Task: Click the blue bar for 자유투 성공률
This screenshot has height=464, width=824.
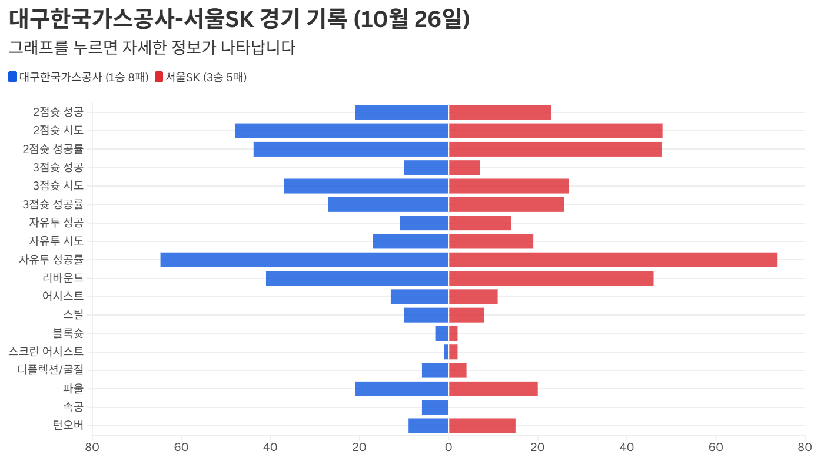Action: tap(304, 260)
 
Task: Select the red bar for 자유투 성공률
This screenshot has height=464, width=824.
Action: tap(613, 260)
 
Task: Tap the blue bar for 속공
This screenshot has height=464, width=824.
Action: tap(435, 407)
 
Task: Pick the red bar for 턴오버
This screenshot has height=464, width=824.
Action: tap(482, 426)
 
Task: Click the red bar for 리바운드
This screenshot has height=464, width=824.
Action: tap(551, 278)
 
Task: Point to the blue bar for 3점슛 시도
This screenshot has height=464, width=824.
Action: tap(366, 186)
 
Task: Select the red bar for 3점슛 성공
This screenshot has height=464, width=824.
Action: tap(464, 168)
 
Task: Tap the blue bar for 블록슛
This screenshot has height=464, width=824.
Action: tap(442, 333)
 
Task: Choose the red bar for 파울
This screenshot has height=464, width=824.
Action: tap(493, 389)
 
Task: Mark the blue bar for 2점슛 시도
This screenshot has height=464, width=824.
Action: tap(341, 131)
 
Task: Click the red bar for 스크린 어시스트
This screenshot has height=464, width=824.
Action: tap(453, 352)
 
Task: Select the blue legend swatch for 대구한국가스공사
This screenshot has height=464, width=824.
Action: tap(13, 77)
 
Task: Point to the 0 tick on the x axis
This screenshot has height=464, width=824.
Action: tap(448, 447)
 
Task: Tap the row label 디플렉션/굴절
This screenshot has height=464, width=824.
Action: tap(51, 370)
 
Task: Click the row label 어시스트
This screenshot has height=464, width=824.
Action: tap(63, 296)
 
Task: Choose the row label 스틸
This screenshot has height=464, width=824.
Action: tap(73, 315)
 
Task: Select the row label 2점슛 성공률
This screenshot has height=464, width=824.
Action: tap(53, 149)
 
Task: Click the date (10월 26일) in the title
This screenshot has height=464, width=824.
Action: tap(412, 19)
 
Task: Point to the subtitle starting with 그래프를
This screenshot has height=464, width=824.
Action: tap(152, 47)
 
